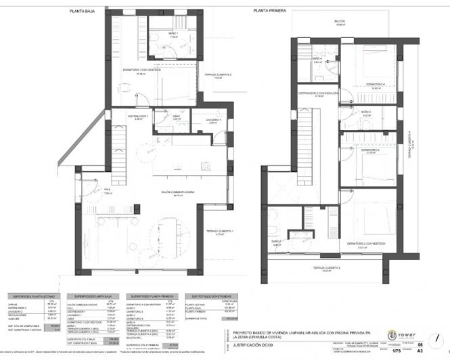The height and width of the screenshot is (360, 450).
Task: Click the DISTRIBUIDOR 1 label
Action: click(x=138, y=116)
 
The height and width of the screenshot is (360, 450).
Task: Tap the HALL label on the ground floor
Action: click(x=107, y=190)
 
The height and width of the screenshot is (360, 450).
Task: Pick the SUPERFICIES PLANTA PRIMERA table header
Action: click(x=151, y=296)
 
